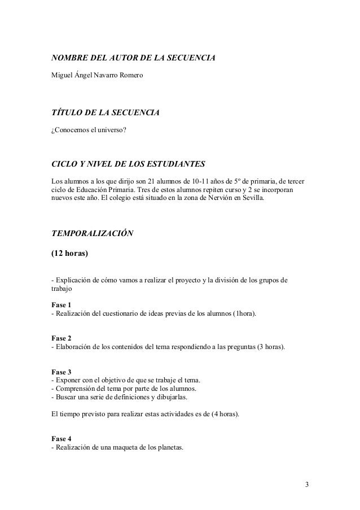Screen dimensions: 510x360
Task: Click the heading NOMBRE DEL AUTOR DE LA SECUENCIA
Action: [134, 58]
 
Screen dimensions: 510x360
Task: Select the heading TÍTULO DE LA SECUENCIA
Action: [106, 114]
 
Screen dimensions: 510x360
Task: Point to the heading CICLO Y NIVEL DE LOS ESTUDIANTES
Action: [128, 164]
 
